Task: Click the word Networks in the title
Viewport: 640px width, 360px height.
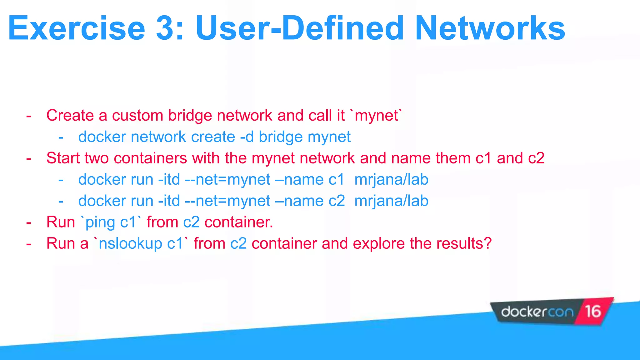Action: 490,29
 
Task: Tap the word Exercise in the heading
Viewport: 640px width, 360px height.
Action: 77,29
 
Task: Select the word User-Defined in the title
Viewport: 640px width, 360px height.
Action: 300,29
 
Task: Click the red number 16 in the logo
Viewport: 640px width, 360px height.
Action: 593,312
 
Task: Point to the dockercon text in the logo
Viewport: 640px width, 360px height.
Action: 537,312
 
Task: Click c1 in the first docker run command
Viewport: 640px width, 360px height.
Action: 336,180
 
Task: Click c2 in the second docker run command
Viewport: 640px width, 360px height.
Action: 337,201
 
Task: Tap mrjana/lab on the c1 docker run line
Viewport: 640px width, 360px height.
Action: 391,180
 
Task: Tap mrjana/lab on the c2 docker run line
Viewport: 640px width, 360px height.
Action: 391,201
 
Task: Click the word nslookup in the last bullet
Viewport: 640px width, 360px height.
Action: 130,244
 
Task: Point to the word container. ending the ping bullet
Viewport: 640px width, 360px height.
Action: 239,222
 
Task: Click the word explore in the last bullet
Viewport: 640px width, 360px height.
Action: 379,244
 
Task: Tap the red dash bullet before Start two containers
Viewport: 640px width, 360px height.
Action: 29,159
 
